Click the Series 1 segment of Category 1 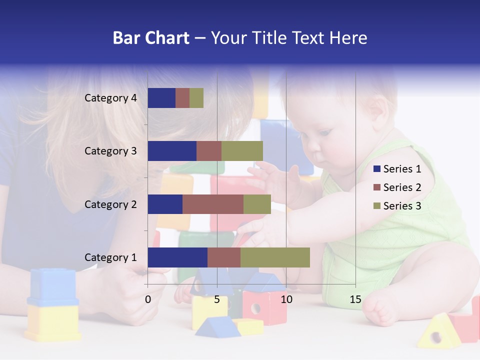(177, 257)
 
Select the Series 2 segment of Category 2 (213, 204)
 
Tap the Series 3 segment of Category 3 (242, 151)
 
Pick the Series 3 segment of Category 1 (275, 257)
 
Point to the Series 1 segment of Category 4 (161, 98)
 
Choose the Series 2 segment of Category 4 (182, 98)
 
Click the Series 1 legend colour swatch (377, 169)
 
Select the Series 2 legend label (402, 187)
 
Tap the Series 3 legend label (402, 206)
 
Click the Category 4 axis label (110, 98)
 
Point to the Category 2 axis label (110, 204)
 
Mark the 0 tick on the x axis (148, 300)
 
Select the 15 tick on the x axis (355, 300)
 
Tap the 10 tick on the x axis (286, 300)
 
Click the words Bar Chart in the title (151, 38)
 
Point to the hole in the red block (255, 308)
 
